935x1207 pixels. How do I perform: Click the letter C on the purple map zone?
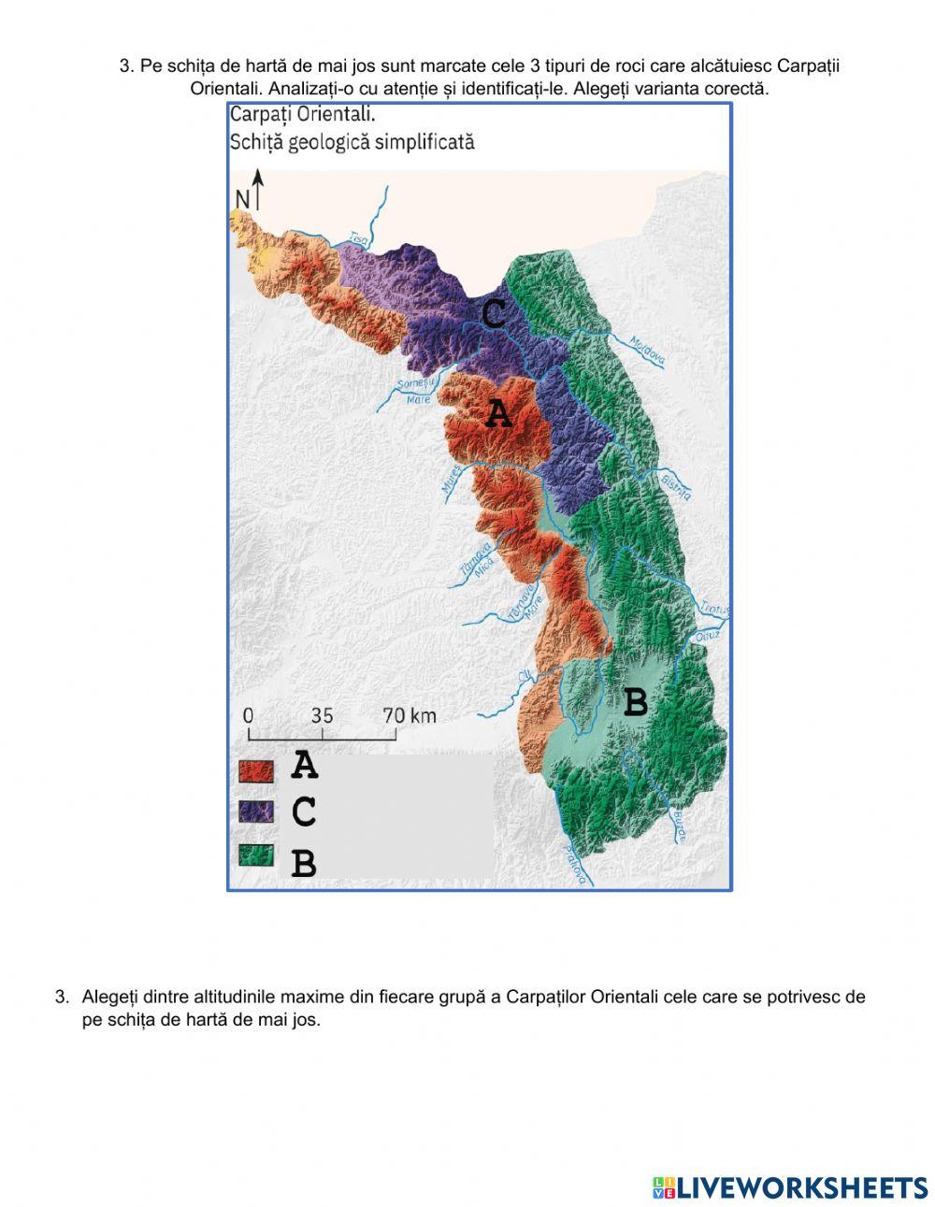[494, 313]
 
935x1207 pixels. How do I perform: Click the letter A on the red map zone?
[498, 413]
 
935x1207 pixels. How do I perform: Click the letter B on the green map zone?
[635, 701]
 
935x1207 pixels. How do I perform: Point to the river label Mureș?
[450, 478]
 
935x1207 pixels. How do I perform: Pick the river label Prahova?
[576, 863]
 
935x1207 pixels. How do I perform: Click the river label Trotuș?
[715, 607]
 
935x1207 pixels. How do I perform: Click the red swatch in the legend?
[255, 770]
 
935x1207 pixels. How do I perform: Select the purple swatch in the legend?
[255, 811]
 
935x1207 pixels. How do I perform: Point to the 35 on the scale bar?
[322, 715]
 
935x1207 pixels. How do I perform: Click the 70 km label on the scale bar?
[410, 715]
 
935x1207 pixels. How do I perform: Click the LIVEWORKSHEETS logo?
[789, 1187]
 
